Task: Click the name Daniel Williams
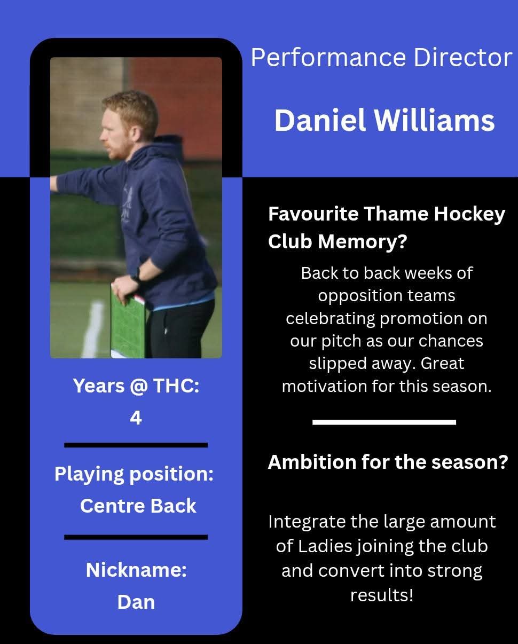[x=384, y=121]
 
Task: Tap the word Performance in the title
[x=328, y=58]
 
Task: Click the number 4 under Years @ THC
[x=136, y=418]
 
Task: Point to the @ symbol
[x=139, y=386]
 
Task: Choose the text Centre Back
[x=138, y=506]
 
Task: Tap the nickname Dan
[x=136, y=602]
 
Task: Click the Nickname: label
[x=137, y=570]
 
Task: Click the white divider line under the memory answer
[x=384, y=422]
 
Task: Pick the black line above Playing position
[x=136, y=445]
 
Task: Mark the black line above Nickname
[x=136, y=537]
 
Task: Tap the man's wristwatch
[x=136, y=274]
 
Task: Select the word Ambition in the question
[x=312, y=462]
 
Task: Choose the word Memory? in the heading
[x=363, y=241]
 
